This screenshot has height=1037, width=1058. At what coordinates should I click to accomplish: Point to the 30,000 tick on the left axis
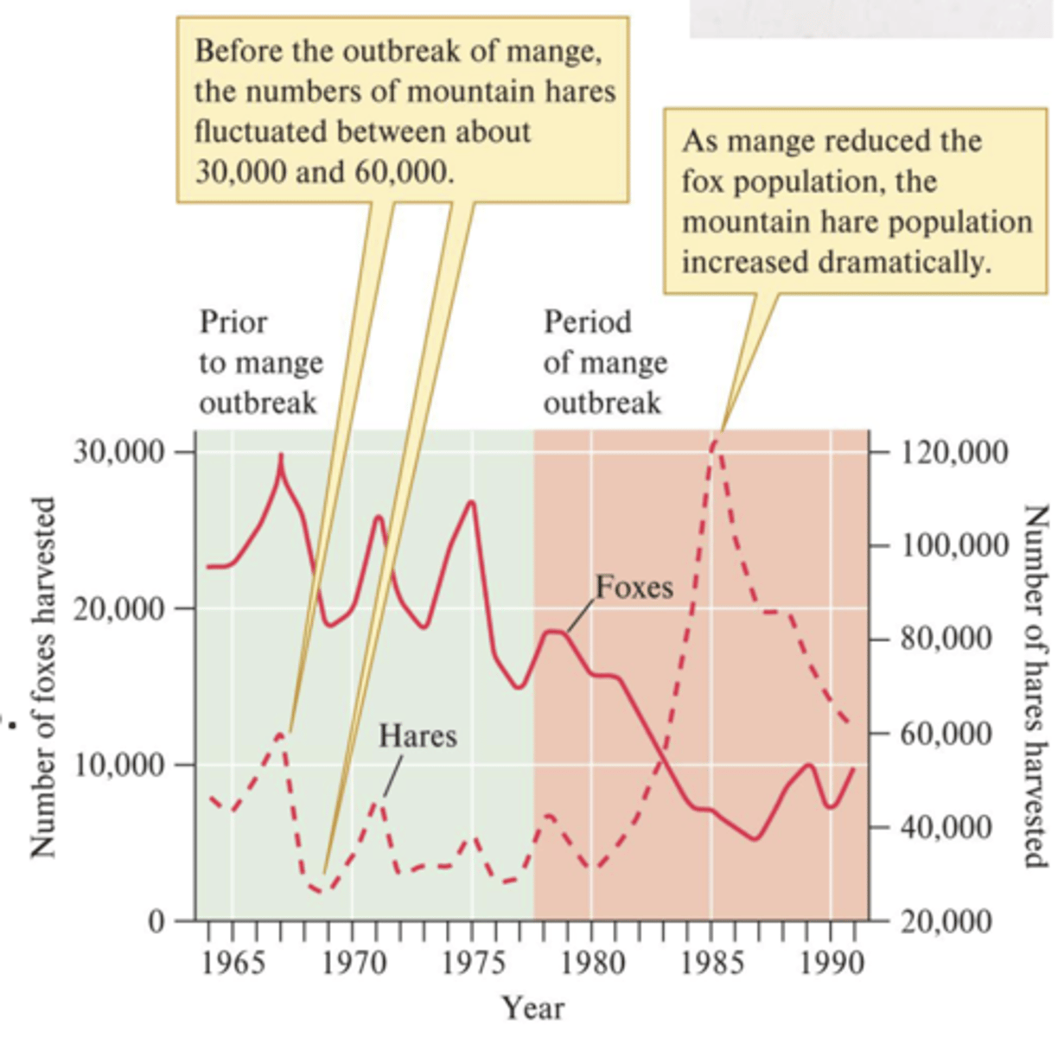(119, 452)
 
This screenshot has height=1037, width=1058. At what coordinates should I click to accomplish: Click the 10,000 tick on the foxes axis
(119, 765)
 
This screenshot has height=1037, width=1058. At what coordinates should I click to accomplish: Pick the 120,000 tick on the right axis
(954, 452)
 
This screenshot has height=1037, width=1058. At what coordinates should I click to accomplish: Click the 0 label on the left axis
(156, 921)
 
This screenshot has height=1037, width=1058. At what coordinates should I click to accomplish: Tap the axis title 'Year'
(533, 1008)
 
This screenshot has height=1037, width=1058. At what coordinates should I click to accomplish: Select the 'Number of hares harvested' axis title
(1034, 687)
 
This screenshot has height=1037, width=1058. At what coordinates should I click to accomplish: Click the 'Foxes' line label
(634, 588)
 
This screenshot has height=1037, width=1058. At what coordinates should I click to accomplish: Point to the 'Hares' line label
(417, 736)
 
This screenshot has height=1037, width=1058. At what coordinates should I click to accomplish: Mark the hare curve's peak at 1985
(713, 442)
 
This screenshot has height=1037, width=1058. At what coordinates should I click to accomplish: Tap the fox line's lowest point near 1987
(755, 838)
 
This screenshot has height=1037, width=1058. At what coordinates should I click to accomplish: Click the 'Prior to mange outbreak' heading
(260, 363)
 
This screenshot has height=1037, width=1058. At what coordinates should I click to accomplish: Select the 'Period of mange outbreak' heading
(605, 363)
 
